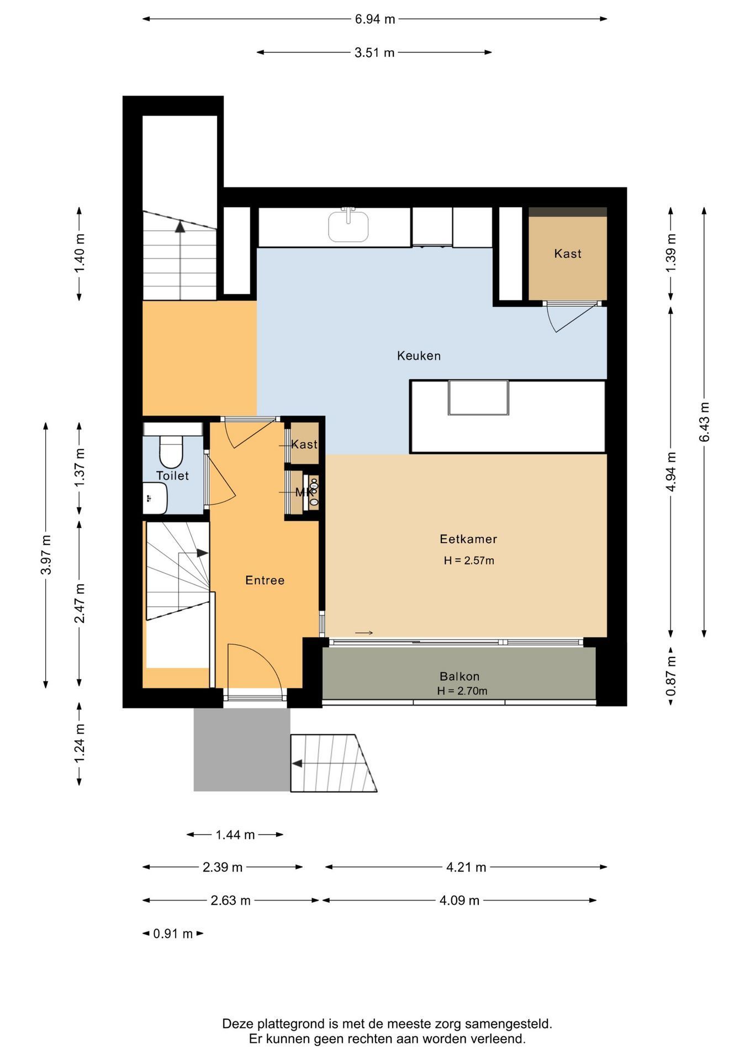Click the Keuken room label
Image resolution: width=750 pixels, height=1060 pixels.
pyautogui.click(x=419, y=356)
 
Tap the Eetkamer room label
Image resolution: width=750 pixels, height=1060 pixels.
pyautogui.click(x=468, y=539)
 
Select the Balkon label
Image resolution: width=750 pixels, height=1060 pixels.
pyautogui.click(x=459, y=676)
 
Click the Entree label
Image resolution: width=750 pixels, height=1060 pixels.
pyautogui.click(x=265, y=580)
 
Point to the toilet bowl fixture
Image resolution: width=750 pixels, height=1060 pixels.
pyautogui.click(x=171, y=452)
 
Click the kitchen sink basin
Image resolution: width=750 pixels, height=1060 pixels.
pyautogui.click(x=348, y=227)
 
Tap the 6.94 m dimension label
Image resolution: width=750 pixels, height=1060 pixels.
pyautogui.click(x=375, y=19)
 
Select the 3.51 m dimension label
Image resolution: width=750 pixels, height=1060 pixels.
pyautogui.click(x=374, y=52)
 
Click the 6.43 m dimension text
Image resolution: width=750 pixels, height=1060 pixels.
pyautogui.click(x=704, y=422)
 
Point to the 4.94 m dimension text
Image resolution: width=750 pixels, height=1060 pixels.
pyautogui.click(x=670, y=472)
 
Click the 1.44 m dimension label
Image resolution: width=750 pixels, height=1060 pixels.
pyautogui.click(x=235, y=835)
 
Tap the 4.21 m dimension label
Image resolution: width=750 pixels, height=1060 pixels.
pyautogui.click(x=466, y=867)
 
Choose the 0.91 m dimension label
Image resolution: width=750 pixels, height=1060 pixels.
pyautogui.click(x=173, y=934)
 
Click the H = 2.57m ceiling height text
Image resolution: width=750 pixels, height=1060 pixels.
pyautogui.click(x=469, y=561)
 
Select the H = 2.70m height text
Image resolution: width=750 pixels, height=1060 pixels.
pyautogui.click(x=462, y=691)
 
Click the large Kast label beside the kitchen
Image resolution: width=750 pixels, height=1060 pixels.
pyautogui.click(x=568, y=253)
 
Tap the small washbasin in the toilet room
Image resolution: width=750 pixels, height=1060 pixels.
pyautogui.click(x=155, y=498)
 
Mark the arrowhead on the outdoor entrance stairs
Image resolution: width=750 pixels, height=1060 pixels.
pyautogui.click(x=297, y=764)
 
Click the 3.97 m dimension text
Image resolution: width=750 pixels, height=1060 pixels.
pyautogui.click(x=46, y=555)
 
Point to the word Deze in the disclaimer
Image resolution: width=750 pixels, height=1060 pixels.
pyautogui.click(x=236, y=1024)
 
